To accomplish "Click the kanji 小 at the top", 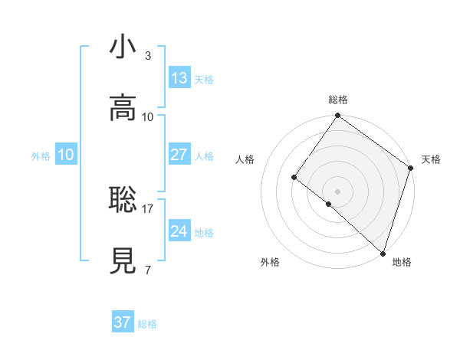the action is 123,47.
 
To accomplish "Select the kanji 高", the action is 123,108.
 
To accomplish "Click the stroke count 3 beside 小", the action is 147,56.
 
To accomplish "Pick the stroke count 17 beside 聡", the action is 148,208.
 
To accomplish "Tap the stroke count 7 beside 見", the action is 147,270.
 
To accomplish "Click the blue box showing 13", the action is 179,78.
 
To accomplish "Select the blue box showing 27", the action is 179,155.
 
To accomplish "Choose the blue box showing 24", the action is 179,231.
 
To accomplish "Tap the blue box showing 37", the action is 123,322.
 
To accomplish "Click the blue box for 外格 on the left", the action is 65,155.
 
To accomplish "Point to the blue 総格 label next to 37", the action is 147,324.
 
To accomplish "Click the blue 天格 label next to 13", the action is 204,80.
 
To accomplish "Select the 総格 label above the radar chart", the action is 338,100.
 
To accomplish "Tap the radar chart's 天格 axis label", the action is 432,159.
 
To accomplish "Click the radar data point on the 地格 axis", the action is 383,253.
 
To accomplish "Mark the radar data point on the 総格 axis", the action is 338,116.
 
